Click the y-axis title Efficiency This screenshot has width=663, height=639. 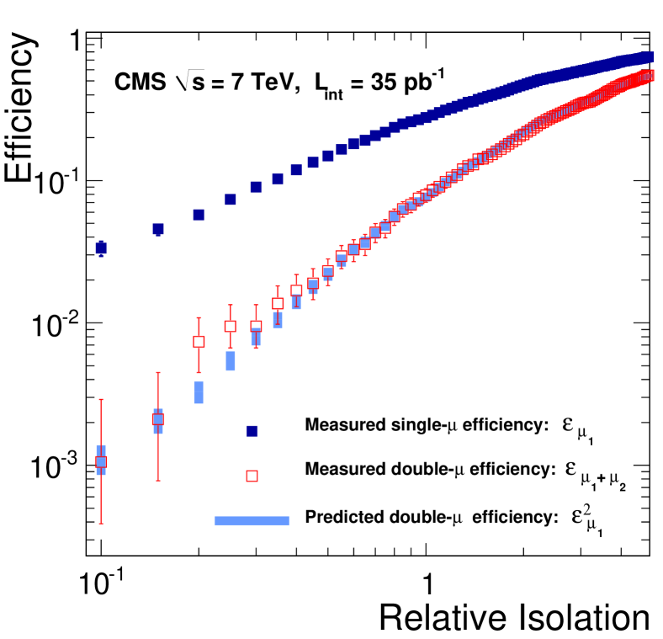click(24, 104)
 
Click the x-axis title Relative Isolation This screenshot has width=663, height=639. click(514, 616)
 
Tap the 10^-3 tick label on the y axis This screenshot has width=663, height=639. click(53, 466)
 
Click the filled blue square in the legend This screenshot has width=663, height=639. click(252, 431)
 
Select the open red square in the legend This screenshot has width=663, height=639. click(252, 476)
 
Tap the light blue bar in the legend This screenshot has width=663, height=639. click(252, 521)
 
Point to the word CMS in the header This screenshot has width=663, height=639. click(135, 83)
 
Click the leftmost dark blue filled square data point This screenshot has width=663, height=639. click(101, 248)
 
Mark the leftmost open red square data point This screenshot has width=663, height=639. click(101, 461)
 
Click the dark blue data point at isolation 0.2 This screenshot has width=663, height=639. click(199, 215)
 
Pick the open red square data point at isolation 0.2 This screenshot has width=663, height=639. click(199, 342)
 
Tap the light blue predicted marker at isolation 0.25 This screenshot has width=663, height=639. click(231, 361)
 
